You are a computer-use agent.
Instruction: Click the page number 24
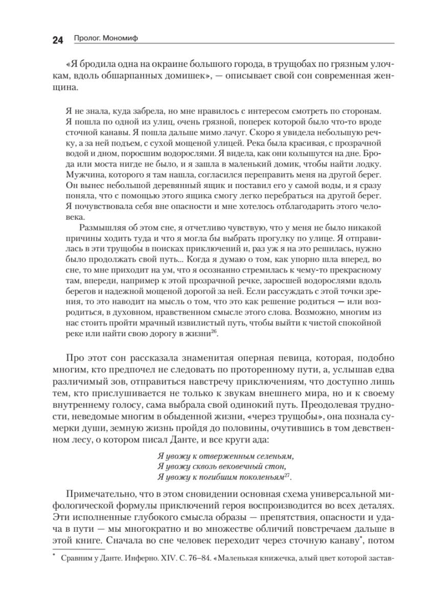57,40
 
